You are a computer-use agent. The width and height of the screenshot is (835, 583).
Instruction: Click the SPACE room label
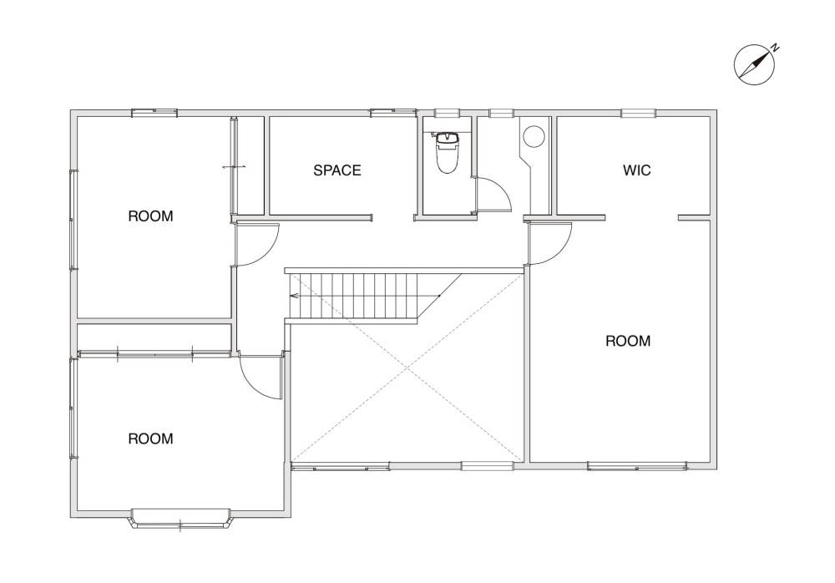(337, 170)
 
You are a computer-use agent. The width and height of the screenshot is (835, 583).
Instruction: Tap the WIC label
(637, 170)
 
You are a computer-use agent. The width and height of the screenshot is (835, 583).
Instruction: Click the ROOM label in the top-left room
(150, 216)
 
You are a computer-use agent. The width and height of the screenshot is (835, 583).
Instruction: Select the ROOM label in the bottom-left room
(150, 439)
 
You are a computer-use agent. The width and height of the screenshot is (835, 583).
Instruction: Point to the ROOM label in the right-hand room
(629, 341)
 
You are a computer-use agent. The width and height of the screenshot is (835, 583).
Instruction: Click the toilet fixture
(448, 153)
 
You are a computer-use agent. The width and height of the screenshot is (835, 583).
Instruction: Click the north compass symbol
(755, 64)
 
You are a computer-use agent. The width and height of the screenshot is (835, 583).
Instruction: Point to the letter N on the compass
(776, 48)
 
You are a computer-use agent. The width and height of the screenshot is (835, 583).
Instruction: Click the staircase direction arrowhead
(293, 295)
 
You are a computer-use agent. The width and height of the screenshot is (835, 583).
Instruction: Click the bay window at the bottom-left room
(180, 519)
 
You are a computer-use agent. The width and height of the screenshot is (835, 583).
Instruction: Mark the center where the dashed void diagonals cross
(407, 368)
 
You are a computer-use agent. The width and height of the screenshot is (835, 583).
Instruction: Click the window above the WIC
(638, 113)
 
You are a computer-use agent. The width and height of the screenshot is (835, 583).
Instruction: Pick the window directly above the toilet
(446, 113)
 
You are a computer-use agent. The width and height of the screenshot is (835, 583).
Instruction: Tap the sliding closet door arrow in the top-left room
(235, 167)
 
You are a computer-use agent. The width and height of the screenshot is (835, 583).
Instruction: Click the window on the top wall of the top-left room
(154, 113)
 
